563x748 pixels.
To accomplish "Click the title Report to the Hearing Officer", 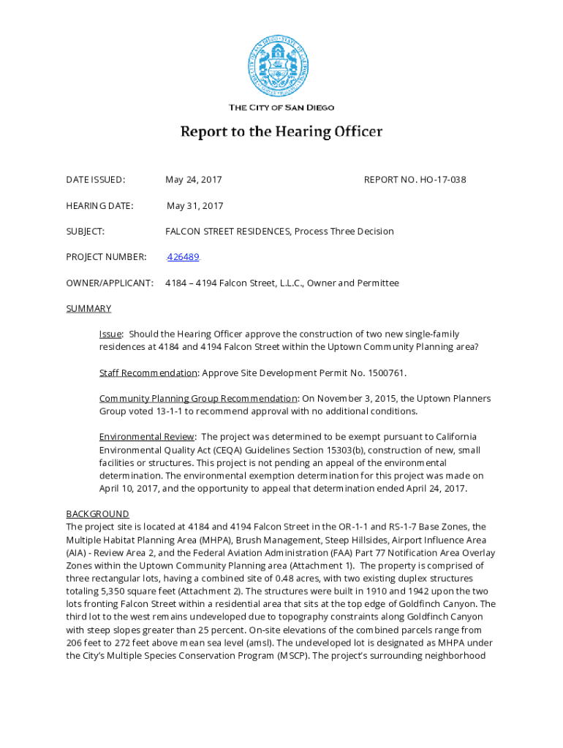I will point(281,132).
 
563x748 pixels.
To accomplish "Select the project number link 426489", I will point(183,257).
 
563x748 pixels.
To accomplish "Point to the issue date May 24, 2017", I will point(194,180).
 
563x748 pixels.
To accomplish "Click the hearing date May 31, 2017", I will point(194,206).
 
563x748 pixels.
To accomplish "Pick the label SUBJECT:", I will point(86,232).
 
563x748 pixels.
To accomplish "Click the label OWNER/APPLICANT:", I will point(110,283).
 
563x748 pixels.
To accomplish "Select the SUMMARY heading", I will point(88,309).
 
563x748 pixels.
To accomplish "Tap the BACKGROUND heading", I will point(97,514).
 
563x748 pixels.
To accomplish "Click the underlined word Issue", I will point(110,335).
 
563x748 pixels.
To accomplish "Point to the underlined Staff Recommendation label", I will point(148,373).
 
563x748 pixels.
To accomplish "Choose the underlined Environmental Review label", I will point(147,438).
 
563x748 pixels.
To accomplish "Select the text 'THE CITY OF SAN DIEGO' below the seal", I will point(281,108).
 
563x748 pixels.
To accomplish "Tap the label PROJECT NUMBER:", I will point(106,257).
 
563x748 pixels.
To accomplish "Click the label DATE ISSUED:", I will point(95,180).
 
